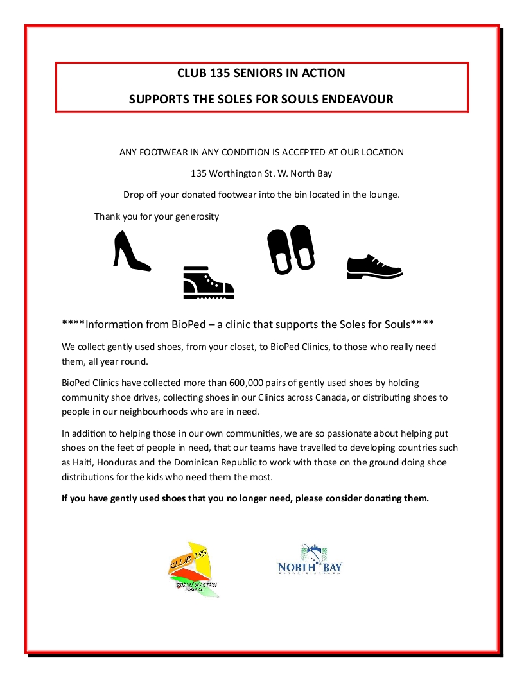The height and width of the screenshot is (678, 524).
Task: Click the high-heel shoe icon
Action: coord(131,250)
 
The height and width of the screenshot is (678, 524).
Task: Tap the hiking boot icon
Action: coord(208,282)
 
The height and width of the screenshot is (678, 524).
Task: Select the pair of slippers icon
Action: coord(290,249)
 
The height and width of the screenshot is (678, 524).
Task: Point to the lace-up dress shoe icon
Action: coord(374,266)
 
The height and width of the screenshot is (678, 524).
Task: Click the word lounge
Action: coord(383,195)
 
